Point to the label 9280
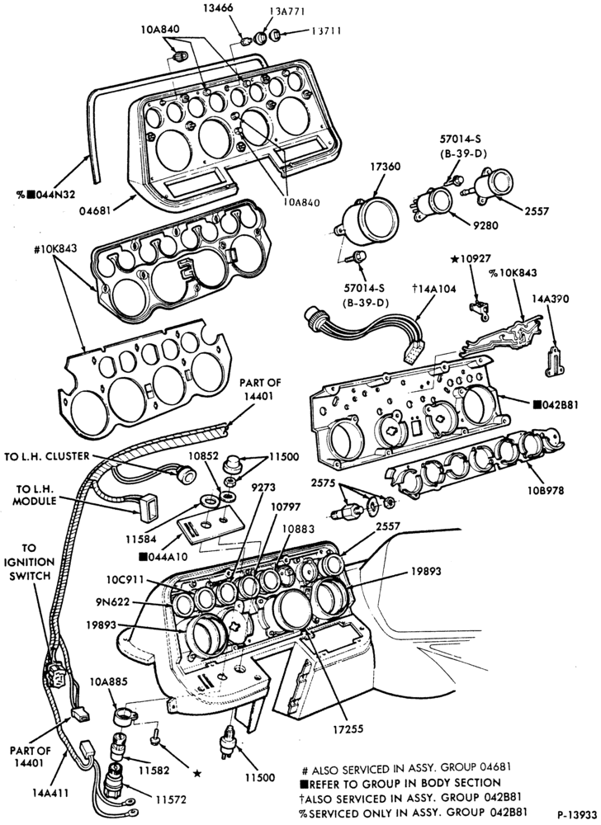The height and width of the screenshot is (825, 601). [485, 225]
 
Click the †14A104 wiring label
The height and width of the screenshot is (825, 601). [434, 288]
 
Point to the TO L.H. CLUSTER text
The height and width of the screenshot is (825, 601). [47, 456]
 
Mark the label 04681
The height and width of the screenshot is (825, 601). [95, 210]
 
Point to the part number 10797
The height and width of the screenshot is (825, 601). [286, 507]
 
